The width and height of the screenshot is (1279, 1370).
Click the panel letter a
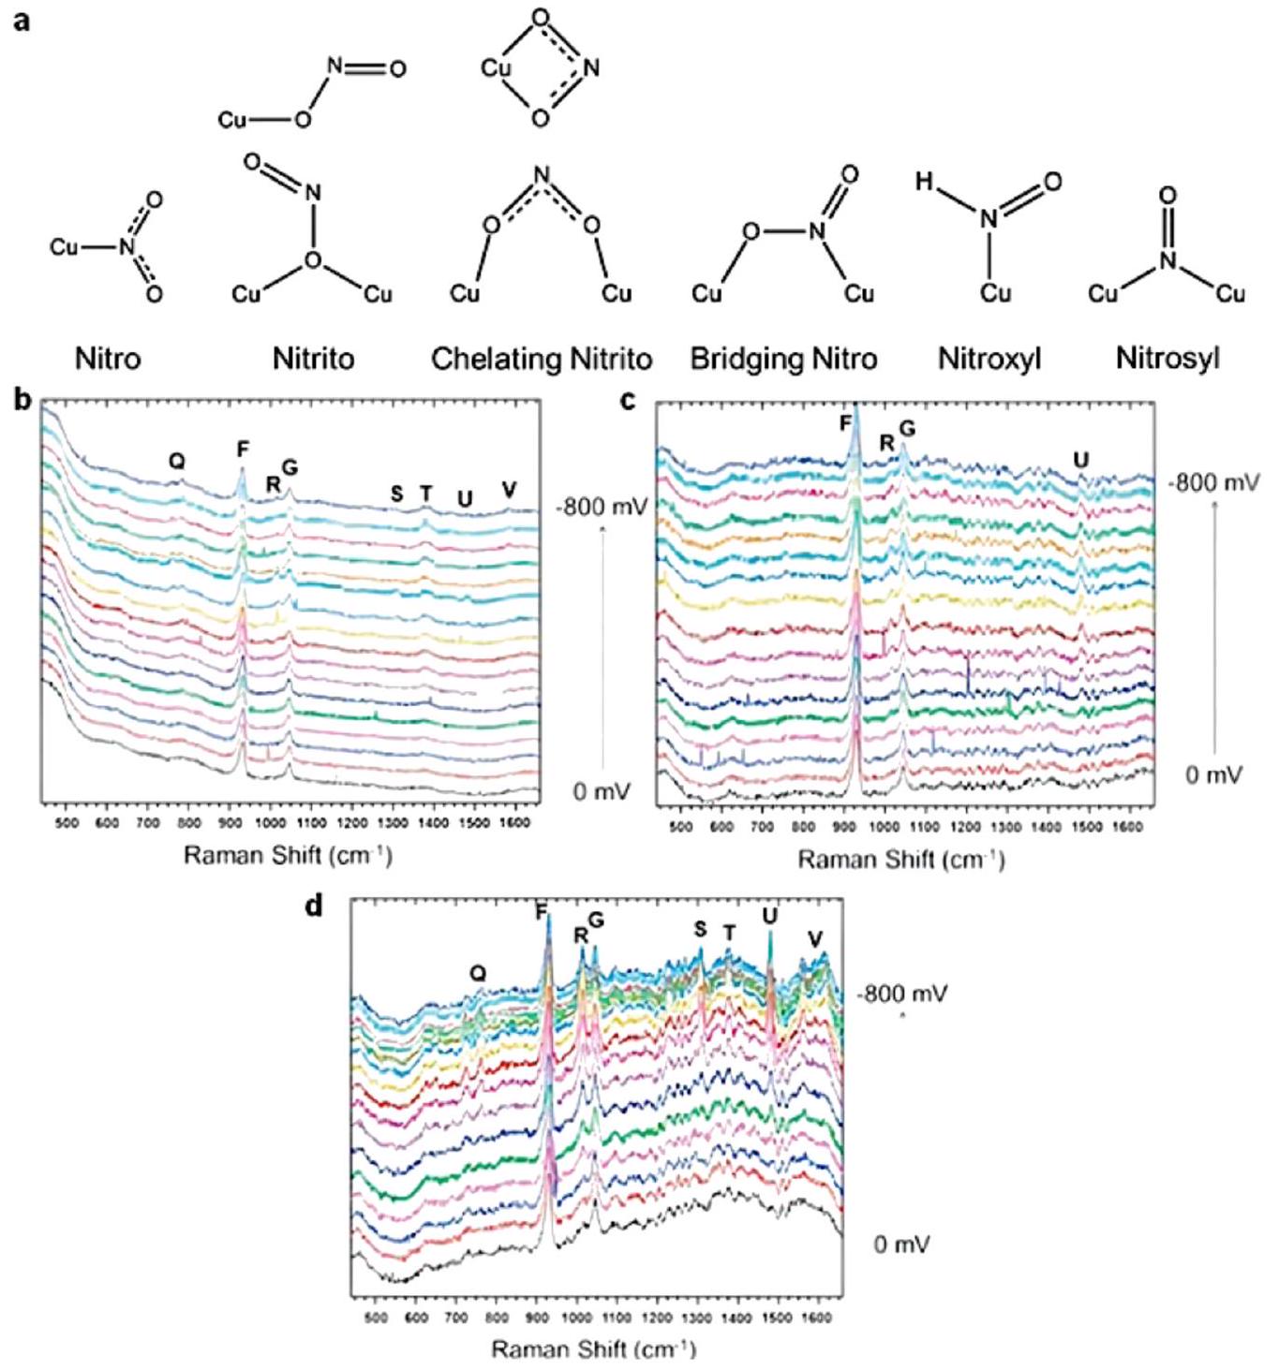point(22,20)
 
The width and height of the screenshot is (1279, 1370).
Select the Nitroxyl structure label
point(989,359)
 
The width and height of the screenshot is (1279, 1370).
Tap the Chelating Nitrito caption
point(542,359)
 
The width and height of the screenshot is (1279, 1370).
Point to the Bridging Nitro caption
point(783,359)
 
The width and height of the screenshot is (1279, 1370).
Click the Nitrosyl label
point(1167,359)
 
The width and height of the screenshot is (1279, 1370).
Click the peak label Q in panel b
point(176,460)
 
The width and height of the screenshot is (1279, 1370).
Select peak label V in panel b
point(509,489)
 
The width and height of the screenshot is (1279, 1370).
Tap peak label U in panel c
point(1081,460)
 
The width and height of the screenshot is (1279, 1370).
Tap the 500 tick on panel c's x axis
point(681,827)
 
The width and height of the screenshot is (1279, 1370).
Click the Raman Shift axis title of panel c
point(900,859)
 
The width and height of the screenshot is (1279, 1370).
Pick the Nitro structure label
point(108,359)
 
